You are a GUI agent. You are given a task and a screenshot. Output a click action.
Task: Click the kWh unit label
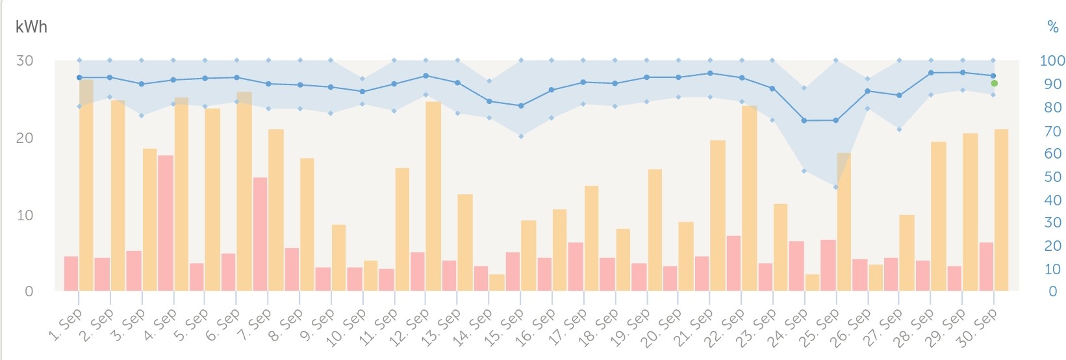31,27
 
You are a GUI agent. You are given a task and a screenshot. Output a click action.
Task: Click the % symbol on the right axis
1053,27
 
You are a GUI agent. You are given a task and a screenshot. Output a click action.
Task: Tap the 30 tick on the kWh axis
25,61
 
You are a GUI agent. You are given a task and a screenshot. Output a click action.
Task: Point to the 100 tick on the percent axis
1052,61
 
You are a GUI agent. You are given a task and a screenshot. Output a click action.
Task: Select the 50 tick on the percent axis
1052,177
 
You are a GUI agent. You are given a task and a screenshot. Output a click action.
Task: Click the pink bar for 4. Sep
166,223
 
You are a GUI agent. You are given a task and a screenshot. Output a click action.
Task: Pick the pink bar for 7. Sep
260,234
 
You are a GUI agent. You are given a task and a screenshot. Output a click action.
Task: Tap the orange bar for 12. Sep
433,196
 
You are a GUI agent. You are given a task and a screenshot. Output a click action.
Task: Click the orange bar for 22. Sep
749,198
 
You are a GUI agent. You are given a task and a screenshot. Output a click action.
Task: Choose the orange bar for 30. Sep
1001,210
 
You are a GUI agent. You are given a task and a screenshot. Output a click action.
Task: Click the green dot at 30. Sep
994,83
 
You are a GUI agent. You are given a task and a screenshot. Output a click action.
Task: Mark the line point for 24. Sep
804,121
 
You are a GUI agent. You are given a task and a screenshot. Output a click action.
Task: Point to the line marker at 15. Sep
521,106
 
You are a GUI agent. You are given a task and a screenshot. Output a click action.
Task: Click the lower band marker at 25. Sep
836,187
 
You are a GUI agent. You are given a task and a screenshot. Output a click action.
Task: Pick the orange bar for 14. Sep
496,283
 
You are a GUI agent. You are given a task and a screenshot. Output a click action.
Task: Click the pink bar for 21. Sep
702,274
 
